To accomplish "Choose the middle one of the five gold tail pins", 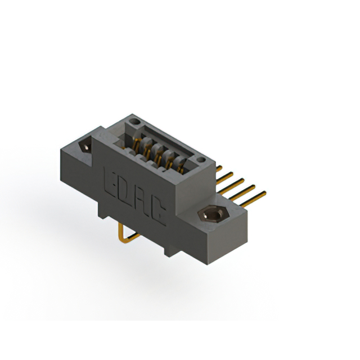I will [235, 183].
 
